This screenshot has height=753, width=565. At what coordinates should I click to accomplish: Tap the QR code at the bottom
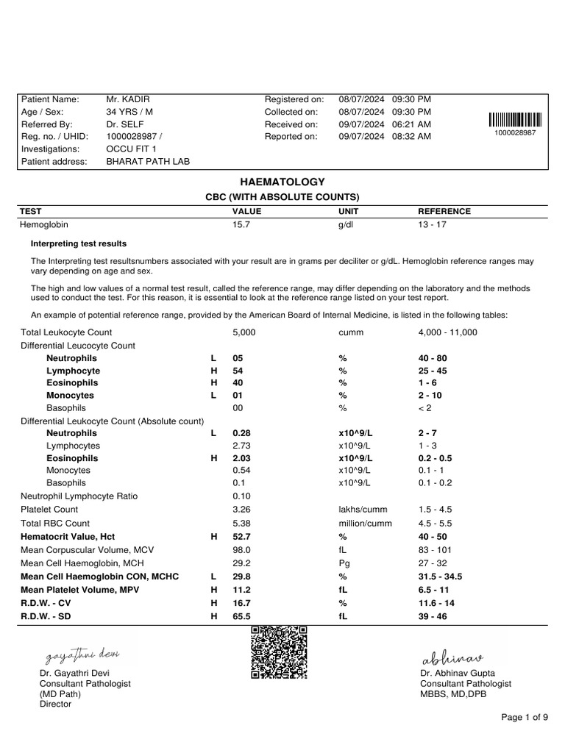point(279,652)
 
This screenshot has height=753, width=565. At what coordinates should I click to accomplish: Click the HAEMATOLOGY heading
point(282,182)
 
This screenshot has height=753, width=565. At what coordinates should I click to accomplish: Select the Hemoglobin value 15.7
point(241,225)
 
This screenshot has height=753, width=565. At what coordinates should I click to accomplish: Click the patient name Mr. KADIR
point(128,99)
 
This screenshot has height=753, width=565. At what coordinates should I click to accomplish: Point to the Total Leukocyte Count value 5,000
point(244,332)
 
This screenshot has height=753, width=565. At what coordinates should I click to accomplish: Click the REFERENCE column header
point(444,211)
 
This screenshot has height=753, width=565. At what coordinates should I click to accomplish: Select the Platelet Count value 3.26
point(241,510)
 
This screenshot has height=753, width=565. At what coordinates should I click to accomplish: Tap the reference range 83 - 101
point(434,550)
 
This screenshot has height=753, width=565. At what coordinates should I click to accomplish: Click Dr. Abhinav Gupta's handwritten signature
point(451,657)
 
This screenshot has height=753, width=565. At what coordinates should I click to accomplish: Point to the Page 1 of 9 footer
point(525,717)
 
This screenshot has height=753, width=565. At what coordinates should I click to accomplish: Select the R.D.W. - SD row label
point(49,616)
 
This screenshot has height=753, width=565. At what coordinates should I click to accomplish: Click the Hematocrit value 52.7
point(241,538)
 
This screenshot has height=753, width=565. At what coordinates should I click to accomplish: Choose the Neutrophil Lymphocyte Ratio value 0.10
point(241,496)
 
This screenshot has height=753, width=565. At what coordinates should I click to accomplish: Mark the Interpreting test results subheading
point(78,243)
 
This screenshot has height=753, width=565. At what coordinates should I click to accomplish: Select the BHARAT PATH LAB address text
point(148,162)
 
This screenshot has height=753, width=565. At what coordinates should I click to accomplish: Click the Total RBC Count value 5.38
point(241,524)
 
